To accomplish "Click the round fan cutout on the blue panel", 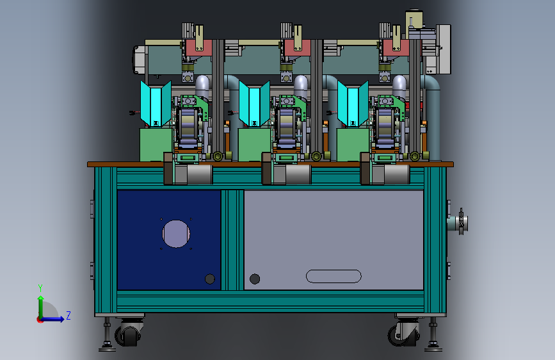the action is [x=176, y=234].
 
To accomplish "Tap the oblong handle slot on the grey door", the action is [x=334, y=276].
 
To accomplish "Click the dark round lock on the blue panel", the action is [x=210, y=279].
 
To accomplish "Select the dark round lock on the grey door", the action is [x=255, y=279].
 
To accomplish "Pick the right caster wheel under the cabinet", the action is [x=404, y=334].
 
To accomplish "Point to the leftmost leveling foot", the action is [x=107, y=335].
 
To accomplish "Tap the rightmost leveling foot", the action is [x=433, y=335].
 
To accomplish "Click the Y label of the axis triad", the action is [x=40, y=288].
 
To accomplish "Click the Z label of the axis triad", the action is [x=68, y=315].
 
